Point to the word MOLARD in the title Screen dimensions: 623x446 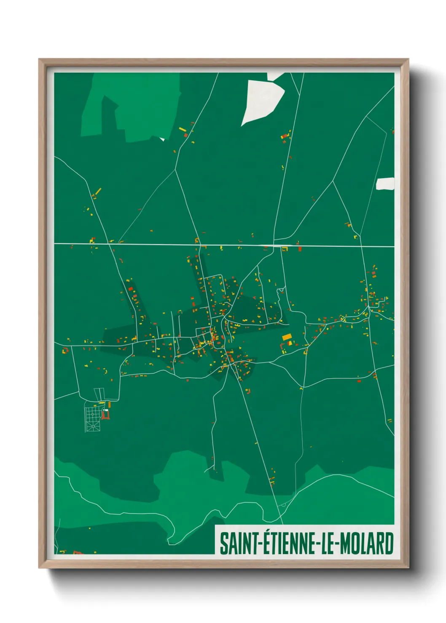click(x=366, y=543)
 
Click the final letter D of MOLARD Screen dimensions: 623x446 click(x=389, y=543)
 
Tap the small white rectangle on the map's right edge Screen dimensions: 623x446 click(x=385, y=184)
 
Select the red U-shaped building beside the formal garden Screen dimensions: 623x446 click(x=105, y=415)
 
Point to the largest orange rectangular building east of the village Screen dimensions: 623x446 click(x=287, y=337)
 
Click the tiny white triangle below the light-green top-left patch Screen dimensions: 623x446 click(x=162, y=138)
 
